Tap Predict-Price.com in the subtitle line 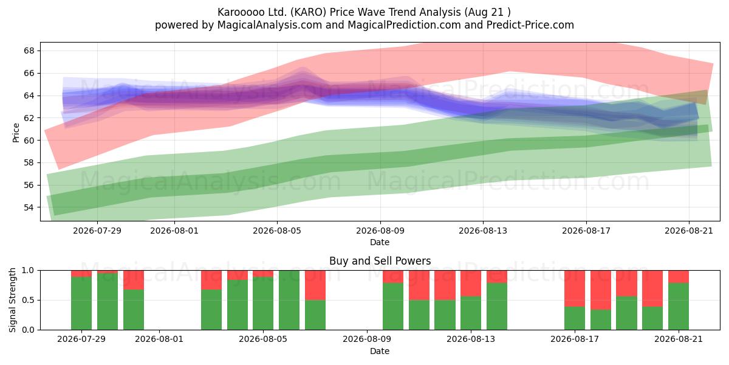pyautogui.click(x=530, y=25)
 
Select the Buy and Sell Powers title pyautogui.click(x=380, y=261)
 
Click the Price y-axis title pyautogui.click(x=16, y=133)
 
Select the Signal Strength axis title pyautogui.click(x=12, y=300)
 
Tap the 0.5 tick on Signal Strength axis pyautogui.click(x=28, y=300)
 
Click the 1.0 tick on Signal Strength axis pyautogui.click(x=28, y=271)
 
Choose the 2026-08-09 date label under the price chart pyautogui.click(x=380, y=231)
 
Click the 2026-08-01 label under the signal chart pyautogui.click(x=159, y=339)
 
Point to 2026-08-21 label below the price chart pyautogui.click(x=689, y=231)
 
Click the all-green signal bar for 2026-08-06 pyautogui.click(x=289, y=300)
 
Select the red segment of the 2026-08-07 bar pyautogui.click(x=315, y=285)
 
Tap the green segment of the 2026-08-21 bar pyautogui.click(x=679, y=307)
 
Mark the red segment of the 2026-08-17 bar pyautogui.click(x=575, y=289)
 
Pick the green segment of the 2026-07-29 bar pyautogui.click(x=81, y=304)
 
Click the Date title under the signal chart pyautogui.click(x=380, y=351)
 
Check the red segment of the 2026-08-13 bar pyautogui.click(x=471, y=283)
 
